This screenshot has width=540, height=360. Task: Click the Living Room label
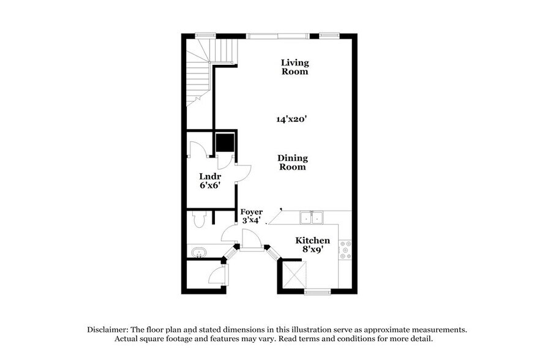294,67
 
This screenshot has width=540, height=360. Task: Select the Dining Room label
293,162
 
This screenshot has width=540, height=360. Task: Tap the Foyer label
251,212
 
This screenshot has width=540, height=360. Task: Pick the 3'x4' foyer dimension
251,220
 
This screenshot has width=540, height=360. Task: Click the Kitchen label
312,241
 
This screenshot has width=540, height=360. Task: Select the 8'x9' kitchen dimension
312,250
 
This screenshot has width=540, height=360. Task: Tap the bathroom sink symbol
199,252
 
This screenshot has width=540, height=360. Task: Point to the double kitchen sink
312,217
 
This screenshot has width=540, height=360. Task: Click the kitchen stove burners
347,249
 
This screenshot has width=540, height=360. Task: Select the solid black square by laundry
225,142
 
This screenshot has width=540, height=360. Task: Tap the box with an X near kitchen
293,274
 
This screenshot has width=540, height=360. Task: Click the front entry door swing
250,239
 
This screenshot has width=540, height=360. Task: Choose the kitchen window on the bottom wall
317,292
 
